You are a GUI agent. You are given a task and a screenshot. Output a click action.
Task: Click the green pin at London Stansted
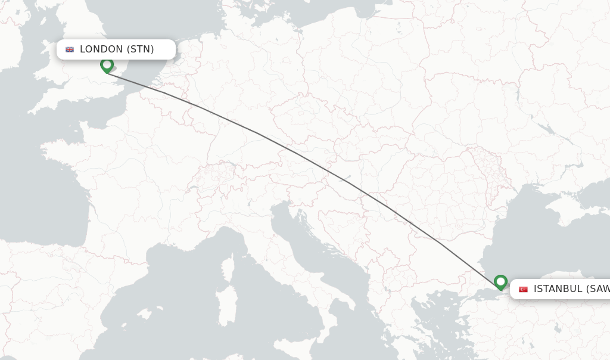click(x=107, y=64)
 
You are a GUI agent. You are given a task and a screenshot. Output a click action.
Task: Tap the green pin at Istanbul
click(x=500, y=281)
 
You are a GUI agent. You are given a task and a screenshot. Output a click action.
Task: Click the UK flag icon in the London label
click(x=70, y=49)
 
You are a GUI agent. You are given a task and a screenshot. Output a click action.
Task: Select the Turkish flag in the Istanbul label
click(x=523, y=289)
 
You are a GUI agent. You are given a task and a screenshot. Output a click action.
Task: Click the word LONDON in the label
click(x=101, y=49)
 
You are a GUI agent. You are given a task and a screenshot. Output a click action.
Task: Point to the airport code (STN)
click(x=141, y=49)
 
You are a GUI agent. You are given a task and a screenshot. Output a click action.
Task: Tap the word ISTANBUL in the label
click(x=558, y=289)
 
